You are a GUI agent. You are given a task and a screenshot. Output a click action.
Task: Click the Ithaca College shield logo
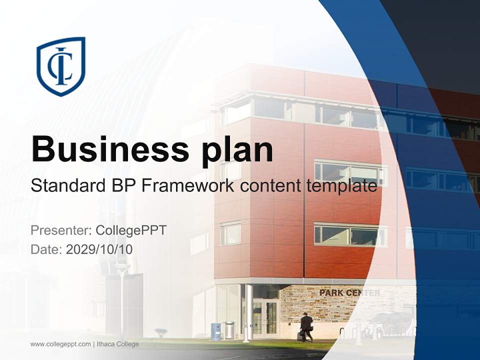coord(61,66)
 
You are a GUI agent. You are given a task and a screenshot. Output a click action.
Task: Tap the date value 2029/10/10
coord(99,249)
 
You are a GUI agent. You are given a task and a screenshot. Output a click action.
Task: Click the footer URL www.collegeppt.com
coord(60,344)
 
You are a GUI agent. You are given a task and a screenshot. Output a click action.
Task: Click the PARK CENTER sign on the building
coord(349,292)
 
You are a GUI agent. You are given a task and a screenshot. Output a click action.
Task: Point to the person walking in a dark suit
coord(306,327)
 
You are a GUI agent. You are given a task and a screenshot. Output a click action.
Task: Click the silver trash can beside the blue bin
coord(229,330)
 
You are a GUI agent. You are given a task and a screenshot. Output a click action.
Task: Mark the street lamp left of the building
coord(121,300)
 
